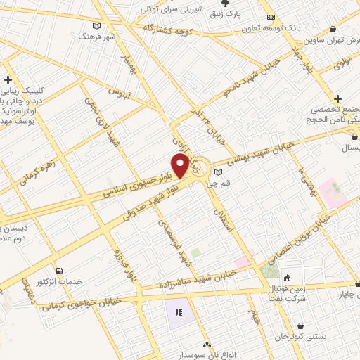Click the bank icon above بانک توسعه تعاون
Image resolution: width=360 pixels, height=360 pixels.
pos(271,18)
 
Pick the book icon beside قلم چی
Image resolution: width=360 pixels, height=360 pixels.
pos(217,172)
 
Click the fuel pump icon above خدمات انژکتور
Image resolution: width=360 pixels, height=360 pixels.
pos(59,271)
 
